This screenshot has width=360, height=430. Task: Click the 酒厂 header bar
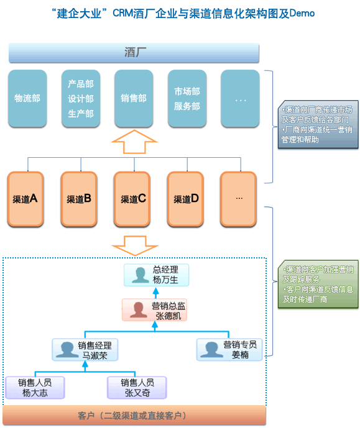point(134,53)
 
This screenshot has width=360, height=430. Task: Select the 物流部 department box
point(27,98)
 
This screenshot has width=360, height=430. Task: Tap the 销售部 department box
point(134,98)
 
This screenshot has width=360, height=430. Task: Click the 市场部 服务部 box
point(187,98)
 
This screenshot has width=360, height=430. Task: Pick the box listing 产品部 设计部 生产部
point(81,98)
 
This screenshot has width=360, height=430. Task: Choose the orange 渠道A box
point(25,199)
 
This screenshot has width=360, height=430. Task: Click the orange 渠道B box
point(80,199)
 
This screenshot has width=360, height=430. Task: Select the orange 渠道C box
point(133,199)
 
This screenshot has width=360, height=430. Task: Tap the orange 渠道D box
point(187,199)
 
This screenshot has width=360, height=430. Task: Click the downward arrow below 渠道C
point(134,244)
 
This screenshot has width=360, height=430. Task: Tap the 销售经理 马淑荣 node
point(85,349)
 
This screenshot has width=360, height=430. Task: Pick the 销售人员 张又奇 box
point(137,387)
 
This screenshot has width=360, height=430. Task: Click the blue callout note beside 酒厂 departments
point(318,126)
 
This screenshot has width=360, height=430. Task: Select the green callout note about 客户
point(318,285)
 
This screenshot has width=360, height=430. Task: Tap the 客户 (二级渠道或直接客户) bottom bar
point(134,415)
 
